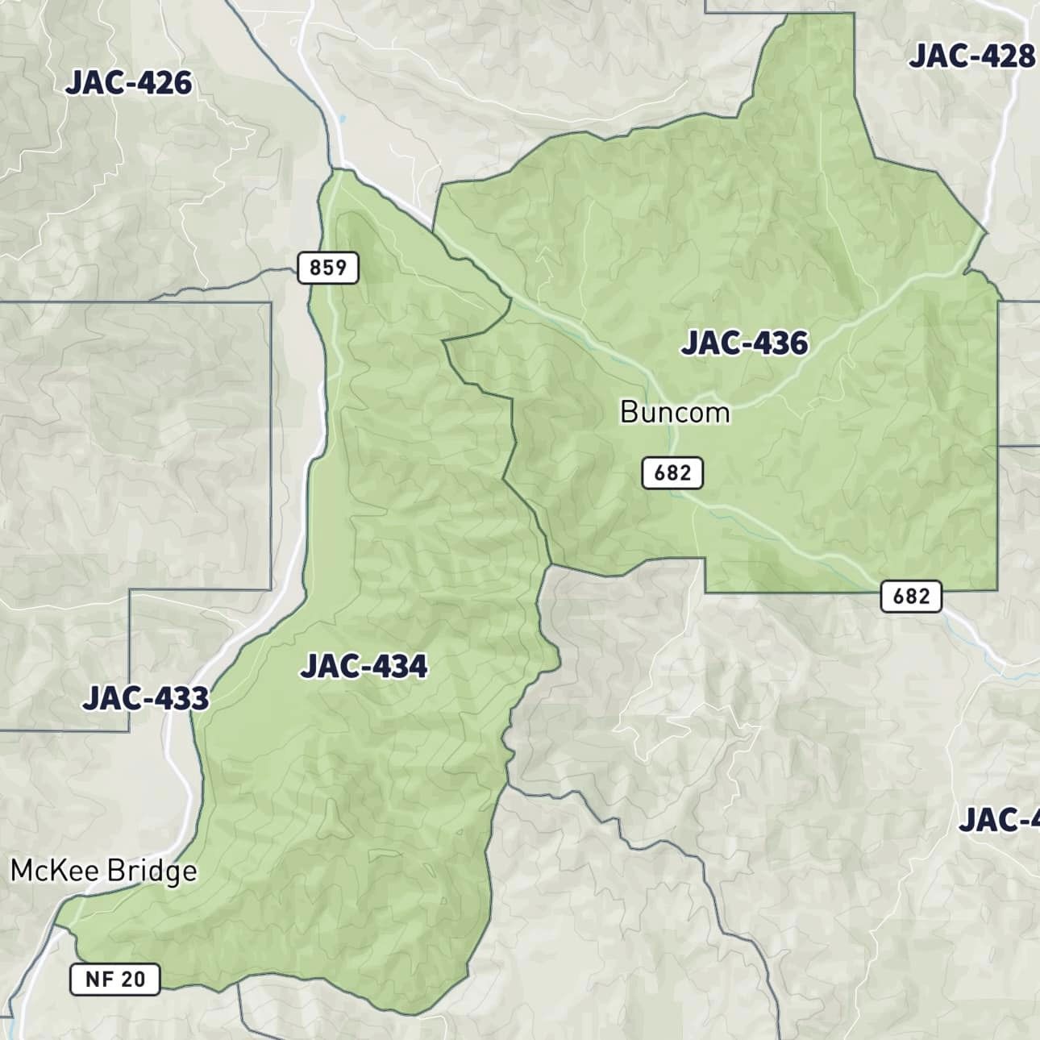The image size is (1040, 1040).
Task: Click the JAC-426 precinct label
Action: pyautogui.click(x=129, y=83)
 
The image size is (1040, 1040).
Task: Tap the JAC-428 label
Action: pyautogui.click(x=971, y=56)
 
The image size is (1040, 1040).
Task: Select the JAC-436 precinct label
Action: pyautogui.click(x=744, y=343)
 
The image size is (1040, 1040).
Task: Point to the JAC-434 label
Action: pyautogui.click(x=364, y=667)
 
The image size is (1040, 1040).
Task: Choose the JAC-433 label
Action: pyautogui.click(x=146, y=698)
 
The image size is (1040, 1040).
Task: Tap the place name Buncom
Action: pyautogui.click(x=675, y=413)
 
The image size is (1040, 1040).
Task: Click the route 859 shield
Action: pyautogui.click(x=327, y=267)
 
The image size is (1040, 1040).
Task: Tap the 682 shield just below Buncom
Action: pyautogui.click(x=672, y=472)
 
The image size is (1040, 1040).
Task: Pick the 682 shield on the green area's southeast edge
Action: pyautogui.click(x=911, y=596)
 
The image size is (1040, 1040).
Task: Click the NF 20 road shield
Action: pyautogui.click(x=115, y=979)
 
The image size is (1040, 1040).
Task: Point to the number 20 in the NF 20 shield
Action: pyautogui.click(x=132, y=979)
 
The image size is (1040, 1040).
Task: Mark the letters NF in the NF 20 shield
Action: pyautogui.click(x=99, y=979)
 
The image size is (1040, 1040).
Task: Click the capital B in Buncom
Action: pyautogui.click(x=629, y=413)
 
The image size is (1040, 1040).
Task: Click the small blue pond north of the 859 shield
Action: pyautogui.click(x=343, y=119)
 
